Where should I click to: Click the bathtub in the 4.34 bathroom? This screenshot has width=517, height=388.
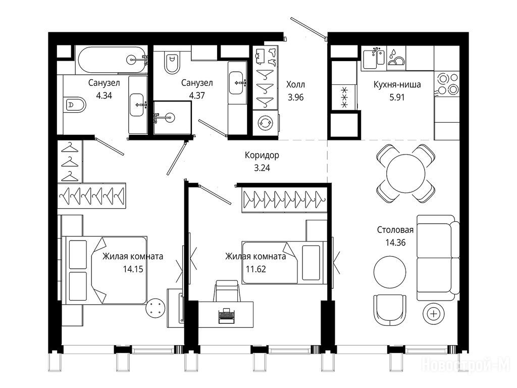click(112, 60)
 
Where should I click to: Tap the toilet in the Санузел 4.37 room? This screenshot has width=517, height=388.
click(171, 63)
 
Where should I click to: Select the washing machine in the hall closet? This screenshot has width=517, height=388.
click(266, 123)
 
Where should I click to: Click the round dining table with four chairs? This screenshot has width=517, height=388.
click(405, 174)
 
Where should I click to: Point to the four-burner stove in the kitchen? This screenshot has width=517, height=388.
click(447, 83)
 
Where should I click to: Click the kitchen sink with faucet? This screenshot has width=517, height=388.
click(374, 58)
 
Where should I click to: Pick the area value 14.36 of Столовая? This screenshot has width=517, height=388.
click(395, 243)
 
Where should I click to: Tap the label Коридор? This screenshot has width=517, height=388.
click(262, 155)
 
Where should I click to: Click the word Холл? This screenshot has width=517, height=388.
click(295, 84)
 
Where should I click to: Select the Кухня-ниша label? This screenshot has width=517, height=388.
click(397, 84)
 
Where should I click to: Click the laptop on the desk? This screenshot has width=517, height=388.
click(226, 315)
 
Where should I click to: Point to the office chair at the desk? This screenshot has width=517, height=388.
click(227, 290)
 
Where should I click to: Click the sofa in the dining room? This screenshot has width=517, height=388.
click(438, 258)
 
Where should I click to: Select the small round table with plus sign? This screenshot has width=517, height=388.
click(434, 314)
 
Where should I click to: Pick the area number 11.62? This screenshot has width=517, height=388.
click(256, 269)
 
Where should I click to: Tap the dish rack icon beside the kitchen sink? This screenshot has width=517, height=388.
click(396, 57)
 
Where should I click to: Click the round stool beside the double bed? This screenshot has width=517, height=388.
click(156, 308)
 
